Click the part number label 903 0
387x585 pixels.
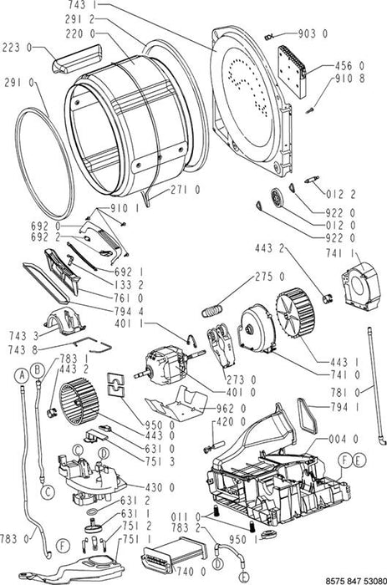point(313,34)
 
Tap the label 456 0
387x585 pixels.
point(349,66)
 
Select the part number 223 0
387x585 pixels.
point(18,48)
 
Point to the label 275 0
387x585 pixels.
point(270,277)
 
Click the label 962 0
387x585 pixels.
point(232,409)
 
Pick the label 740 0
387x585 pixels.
point(191,571)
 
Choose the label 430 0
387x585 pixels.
point(160,487)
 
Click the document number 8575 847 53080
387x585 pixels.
point(356,581)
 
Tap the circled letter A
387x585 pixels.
point(23,375)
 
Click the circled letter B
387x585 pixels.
point(38,370)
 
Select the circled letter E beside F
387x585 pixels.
point(359,460)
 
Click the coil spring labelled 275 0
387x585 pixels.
point(212,310)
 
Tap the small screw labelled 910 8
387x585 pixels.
point(309,110)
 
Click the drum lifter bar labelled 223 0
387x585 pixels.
point(77,58)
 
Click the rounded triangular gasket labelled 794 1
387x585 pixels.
point(308,415)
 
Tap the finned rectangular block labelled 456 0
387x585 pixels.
point(292,72)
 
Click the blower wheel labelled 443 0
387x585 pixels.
point(79,401)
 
